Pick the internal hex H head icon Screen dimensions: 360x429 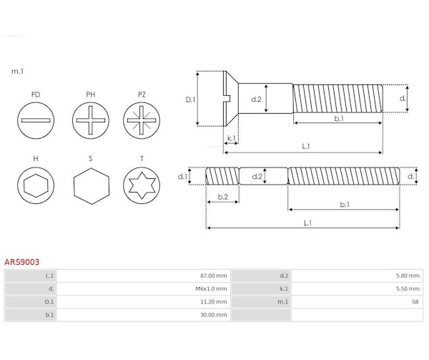pyautogui.click(x=36, y=186)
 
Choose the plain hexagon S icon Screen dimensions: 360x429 pyautogui.click(x=90, y=186)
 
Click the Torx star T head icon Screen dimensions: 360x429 pyautogui.click(x=142, y=186)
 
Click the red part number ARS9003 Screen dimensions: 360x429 pyautogui.click(x=22, y=263)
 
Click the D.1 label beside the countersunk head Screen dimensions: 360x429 pyautogui.click(x=191, y=99)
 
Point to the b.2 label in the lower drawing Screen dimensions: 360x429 pyautogui.click(x=222, y=196)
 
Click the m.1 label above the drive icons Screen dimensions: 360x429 pyautogui.click(x=17, y=72)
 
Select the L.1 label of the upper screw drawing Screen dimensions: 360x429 pyautogui.click(x=305, y=146)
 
